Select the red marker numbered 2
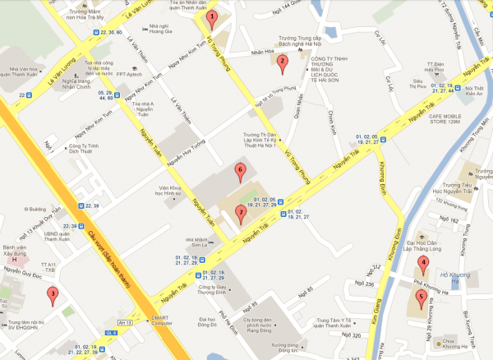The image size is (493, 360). tap(282, 61)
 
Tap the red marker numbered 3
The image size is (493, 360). tap(53, 293)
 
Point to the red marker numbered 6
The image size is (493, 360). tap(240, 172)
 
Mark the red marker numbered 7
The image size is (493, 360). tap(240, 213)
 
